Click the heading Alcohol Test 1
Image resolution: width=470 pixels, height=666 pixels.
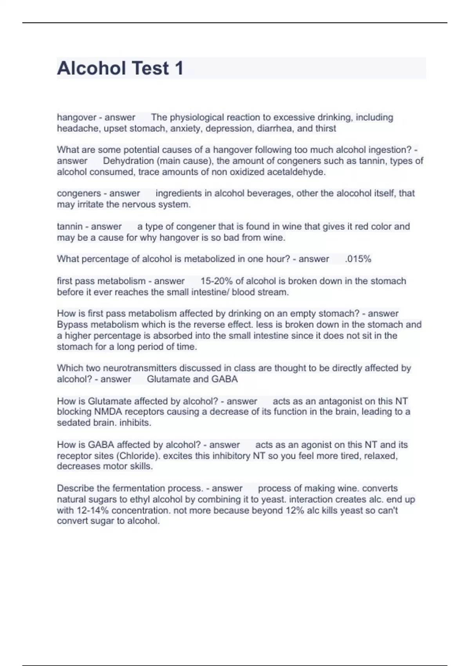[120, 68]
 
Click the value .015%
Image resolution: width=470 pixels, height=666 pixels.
[358, 259]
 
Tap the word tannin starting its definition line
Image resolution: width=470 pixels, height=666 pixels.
[70, 226]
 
